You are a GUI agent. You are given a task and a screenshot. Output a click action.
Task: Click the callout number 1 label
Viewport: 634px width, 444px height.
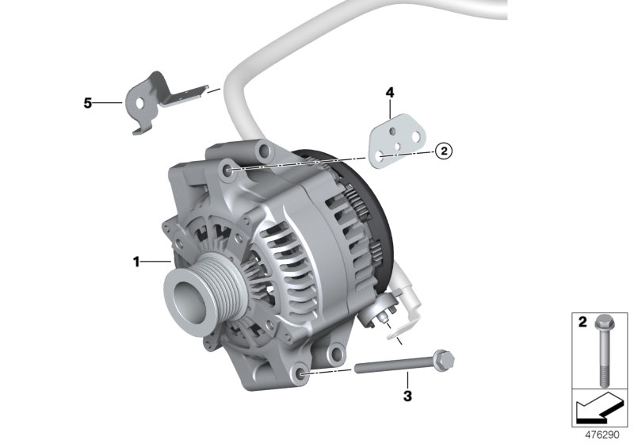click(136, 261)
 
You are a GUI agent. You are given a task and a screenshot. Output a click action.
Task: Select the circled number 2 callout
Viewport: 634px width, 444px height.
click(444, 150)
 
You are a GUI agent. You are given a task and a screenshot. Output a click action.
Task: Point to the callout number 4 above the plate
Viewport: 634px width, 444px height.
click(389, 94)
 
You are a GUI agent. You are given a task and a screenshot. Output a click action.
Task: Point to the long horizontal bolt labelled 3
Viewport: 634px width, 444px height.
click(396, 367)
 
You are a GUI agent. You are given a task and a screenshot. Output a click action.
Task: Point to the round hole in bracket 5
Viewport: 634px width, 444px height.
click(139, 102)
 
